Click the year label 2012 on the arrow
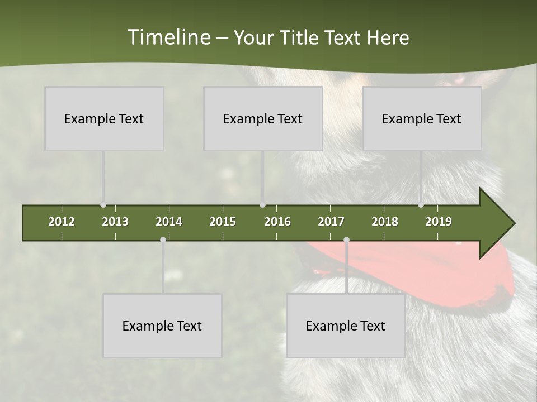[62, 222]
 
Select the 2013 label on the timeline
[115, 222]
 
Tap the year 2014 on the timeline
[169, 222]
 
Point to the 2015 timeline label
[223, 222]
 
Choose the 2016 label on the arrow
[277, 222]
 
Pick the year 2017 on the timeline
[331, 222]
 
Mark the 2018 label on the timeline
[385, 222]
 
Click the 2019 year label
[439, 222]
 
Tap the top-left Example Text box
[104, 118]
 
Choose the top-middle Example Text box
[263, 118]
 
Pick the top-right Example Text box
[422, 118]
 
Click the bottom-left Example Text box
[162, 326]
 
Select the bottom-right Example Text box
[346, 326]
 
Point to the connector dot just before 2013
[103, 205]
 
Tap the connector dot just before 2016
[263, 205]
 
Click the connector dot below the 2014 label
[163, 240]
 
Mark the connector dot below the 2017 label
[346, 240]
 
